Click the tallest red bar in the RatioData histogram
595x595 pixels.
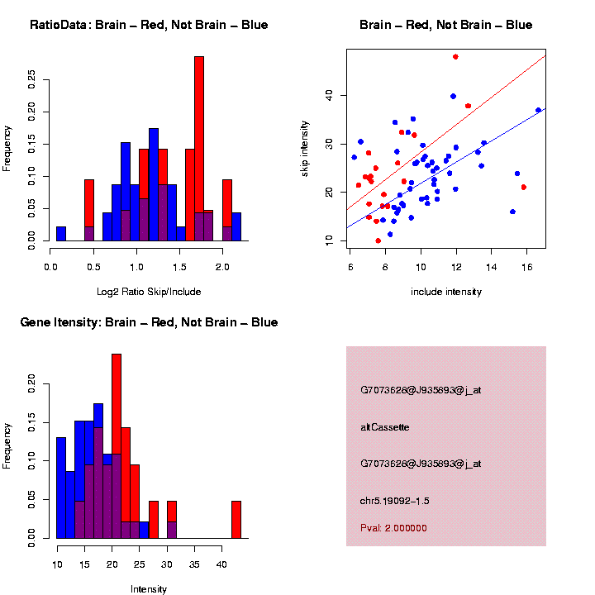coord(198,149)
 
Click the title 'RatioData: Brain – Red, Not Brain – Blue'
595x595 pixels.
coord(149,25)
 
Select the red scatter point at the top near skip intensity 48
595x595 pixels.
coord(455,57)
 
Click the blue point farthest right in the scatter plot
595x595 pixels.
coord(538,110)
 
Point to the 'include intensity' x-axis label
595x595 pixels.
coord(446,291)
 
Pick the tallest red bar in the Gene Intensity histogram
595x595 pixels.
coord(117,446)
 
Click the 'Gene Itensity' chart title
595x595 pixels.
coord(149,322)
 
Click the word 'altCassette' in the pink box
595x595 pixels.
coord(384,427)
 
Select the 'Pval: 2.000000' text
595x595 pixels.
coord(393,527)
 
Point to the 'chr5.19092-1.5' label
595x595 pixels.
coord(395,501)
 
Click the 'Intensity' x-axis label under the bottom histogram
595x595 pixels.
coord(149,589)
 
